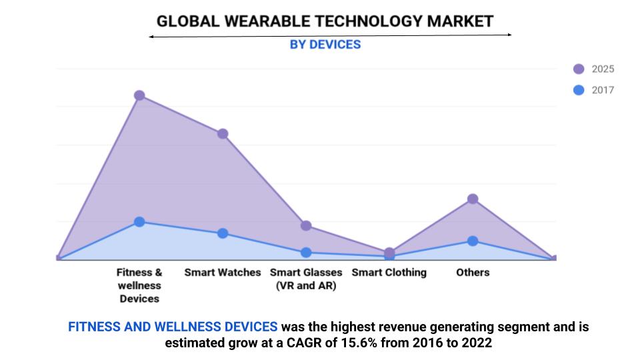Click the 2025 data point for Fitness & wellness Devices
139,95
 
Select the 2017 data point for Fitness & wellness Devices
139,221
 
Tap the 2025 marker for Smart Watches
223,133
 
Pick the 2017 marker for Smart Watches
223,233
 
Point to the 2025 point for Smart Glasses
306,225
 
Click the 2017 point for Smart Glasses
306,253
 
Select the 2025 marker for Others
473,199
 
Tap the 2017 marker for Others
473,241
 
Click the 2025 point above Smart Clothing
389,252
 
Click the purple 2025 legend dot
579,69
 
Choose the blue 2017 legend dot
579,90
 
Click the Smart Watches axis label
223,272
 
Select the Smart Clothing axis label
389,272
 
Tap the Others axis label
473,272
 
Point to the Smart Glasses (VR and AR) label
306,279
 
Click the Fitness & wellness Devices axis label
139,285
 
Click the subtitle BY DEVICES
325,45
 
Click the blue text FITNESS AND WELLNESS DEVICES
173,327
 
